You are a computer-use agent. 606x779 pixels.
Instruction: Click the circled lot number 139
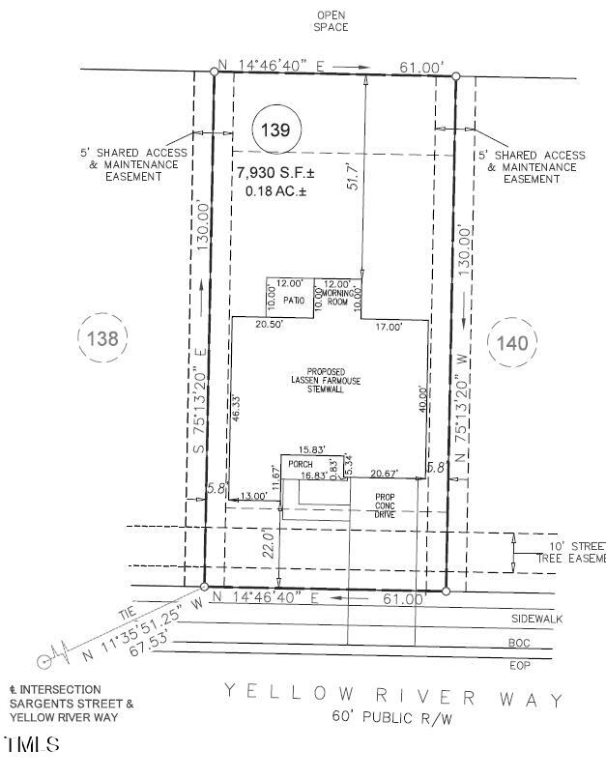point(276,130)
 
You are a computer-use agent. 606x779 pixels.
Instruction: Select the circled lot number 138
point(101,338)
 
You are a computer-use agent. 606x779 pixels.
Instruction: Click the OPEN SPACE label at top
point(331,20)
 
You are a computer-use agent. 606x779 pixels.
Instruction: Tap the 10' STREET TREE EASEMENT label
point(570,552)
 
